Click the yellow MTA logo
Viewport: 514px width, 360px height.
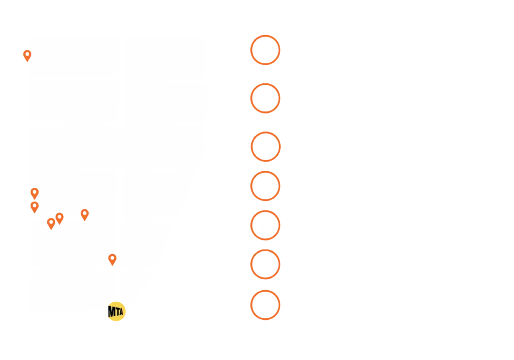116,311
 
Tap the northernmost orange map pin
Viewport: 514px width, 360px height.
27,55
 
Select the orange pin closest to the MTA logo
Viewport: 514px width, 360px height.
112,259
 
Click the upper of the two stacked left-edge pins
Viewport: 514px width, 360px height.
34,193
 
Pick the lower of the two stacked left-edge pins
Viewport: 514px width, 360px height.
34,206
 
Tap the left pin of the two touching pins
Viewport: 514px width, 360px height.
51,223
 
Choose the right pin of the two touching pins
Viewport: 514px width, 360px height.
59,218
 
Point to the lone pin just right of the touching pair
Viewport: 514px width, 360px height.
84,214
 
